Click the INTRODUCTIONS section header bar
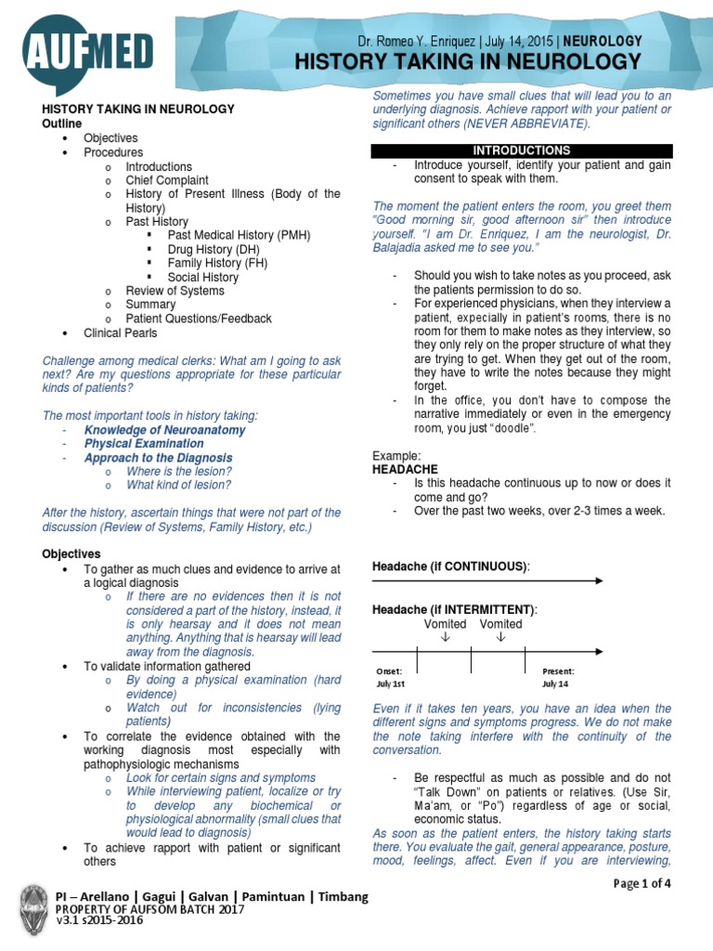pyautogui.click(x=521, y=150)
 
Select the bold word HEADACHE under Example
pyautogui.click(x=405, y=470)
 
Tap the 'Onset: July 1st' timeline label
pyautogui.click(x=390, y=676)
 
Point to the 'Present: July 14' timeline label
pyautogui.click(x=558, y=676)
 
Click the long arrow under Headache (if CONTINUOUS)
pyautogui.click(x=487, y=581)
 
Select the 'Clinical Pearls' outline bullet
pyautogui.click(x=120, y=332)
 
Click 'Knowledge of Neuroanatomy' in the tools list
pyautogui.click(x=164, y=430)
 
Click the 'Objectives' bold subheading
pyautogui.click(x=70, y=554)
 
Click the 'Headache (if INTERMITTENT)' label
pyautogui.click(x=454, y=608)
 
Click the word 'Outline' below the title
pyautogui.click(x=62, y=124)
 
